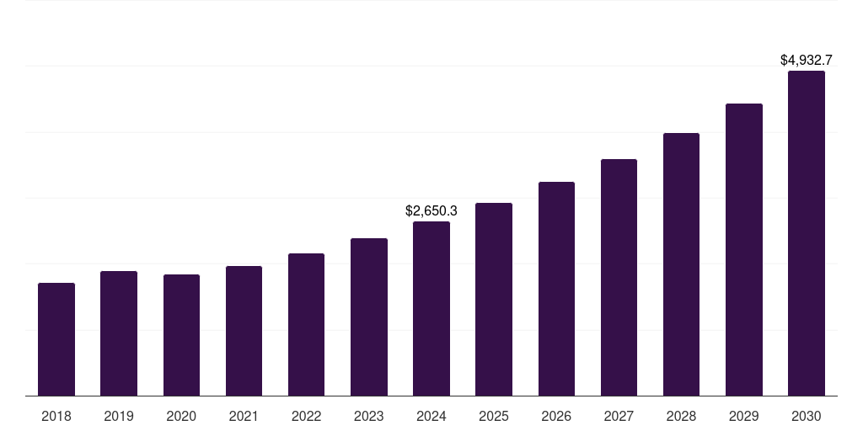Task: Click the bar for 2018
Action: coord(56,339)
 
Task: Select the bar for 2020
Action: coord(181,335)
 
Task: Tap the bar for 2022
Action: coord(306,325)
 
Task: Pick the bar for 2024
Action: coord(431,309)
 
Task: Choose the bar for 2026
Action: coord(556,289)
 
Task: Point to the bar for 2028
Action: coord(681,264)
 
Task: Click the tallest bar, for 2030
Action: coord(807,233)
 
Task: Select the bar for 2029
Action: coord(744,250)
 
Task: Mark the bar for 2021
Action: coord(244,331)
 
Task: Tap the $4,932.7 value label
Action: coord(807,61)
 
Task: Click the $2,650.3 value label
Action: coord(431,210)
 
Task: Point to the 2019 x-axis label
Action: coord(119,417)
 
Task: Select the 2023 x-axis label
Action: coord(369,417)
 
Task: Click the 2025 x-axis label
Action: coord(494,417)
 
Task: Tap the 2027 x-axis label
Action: coord(619,417)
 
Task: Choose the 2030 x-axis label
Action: coord(807,417)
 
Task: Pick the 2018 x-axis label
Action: coord(56,417)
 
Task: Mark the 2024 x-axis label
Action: coord(431,417)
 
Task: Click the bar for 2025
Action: coord(494,300)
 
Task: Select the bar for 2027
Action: coord(619,278)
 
